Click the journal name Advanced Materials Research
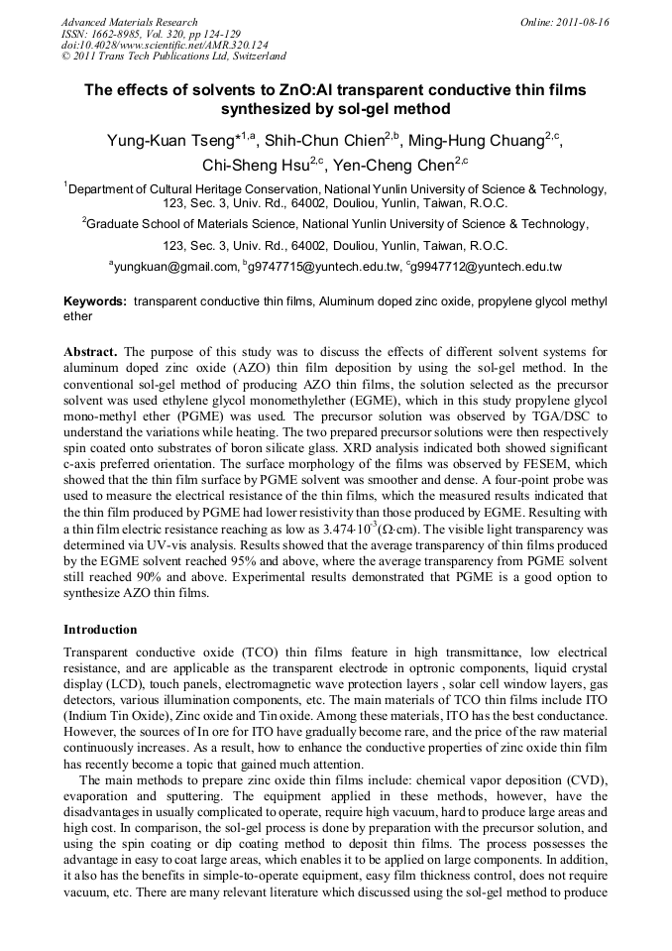click(130, 22)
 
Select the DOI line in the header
click(151, 46)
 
